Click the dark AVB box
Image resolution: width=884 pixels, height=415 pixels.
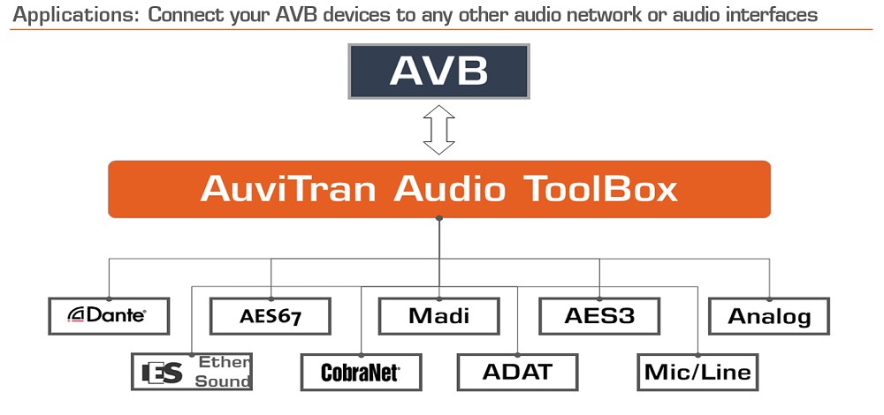point(438,72)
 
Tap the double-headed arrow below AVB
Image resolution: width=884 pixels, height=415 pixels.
point(438,130)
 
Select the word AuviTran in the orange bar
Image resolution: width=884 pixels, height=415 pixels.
point(288,189)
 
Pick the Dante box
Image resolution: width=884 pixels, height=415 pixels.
point(109,316)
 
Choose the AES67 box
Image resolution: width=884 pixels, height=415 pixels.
point(270,316)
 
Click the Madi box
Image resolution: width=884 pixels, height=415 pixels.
point(438,316)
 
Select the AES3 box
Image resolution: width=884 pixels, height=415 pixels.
point(599,316)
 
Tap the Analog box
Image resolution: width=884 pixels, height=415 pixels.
point(769,316)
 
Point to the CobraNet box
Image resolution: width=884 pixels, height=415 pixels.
point(361,373)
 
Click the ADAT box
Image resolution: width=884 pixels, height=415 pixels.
point(517,373)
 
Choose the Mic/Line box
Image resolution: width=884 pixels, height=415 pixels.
point(698,373)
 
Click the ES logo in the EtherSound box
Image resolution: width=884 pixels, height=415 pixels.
point(163,373)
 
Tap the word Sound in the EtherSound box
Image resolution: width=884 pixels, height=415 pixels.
point(223,381)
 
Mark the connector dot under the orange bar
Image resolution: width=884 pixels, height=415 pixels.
point(438,218)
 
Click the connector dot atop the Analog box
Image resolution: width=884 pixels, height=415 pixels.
point(769,299)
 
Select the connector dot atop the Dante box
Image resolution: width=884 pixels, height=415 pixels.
point(109,299)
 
